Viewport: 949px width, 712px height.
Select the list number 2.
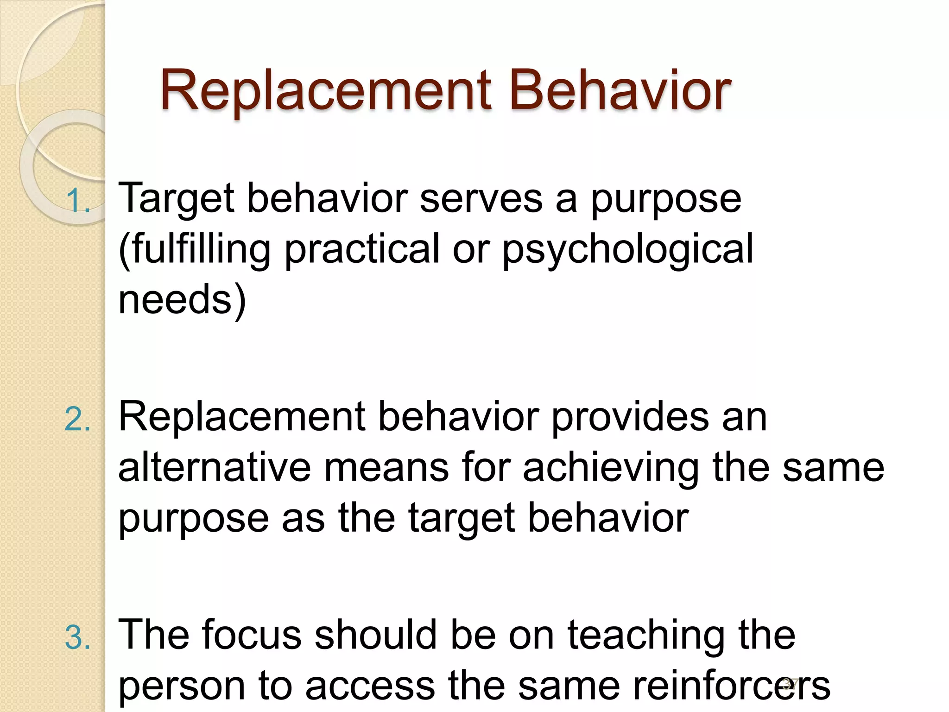77,420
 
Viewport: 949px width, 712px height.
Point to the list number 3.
77,638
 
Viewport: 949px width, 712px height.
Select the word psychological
628,250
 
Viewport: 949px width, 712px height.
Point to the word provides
630,417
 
